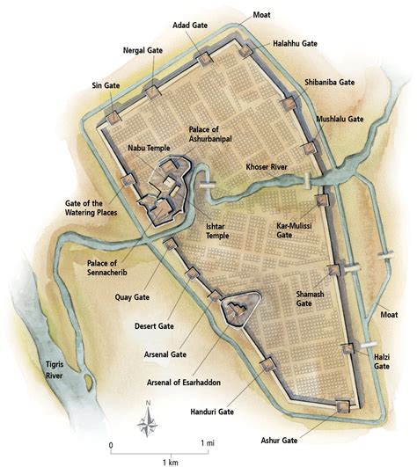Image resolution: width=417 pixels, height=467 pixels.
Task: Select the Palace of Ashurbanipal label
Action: tap(216, 135)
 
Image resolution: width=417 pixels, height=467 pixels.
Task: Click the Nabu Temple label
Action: tap(147, 149)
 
